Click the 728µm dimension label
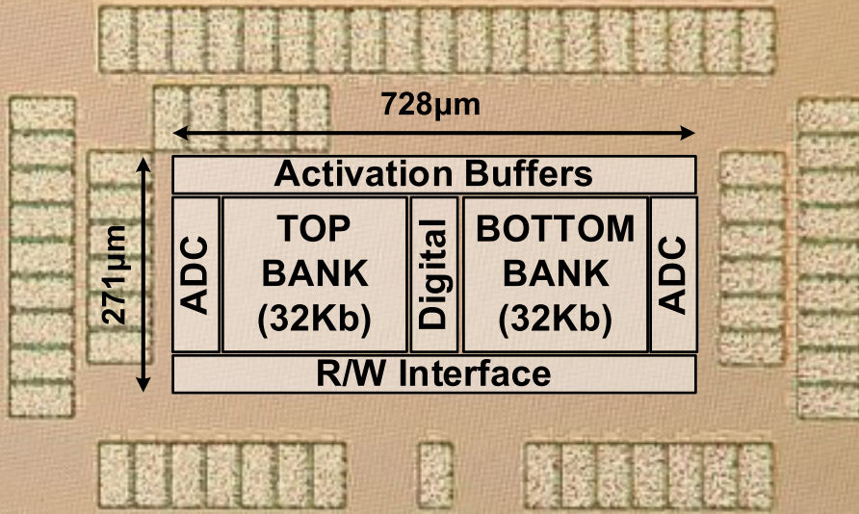click(x=430, y=104)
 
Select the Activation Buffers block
click(x=433, y=174)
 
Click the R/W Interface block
click(x=433, y=373)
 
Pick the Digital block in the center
click(x=433, y=274)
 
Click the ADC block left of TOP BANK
click(x=195, y=274)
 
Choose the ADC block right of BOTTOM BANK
click(x=673, y=274)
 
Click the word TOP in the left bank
click(x=315, y=230)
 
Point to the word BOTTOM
click(x=556, y=230)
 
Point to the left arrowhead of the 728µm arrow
click(x=177, y=134)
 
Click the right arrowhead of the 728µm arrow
click(x=690, y=134)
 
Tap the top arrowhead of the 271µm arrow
click(x=143, y=164)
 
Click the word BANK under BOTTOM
click(x=556, y=273)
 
